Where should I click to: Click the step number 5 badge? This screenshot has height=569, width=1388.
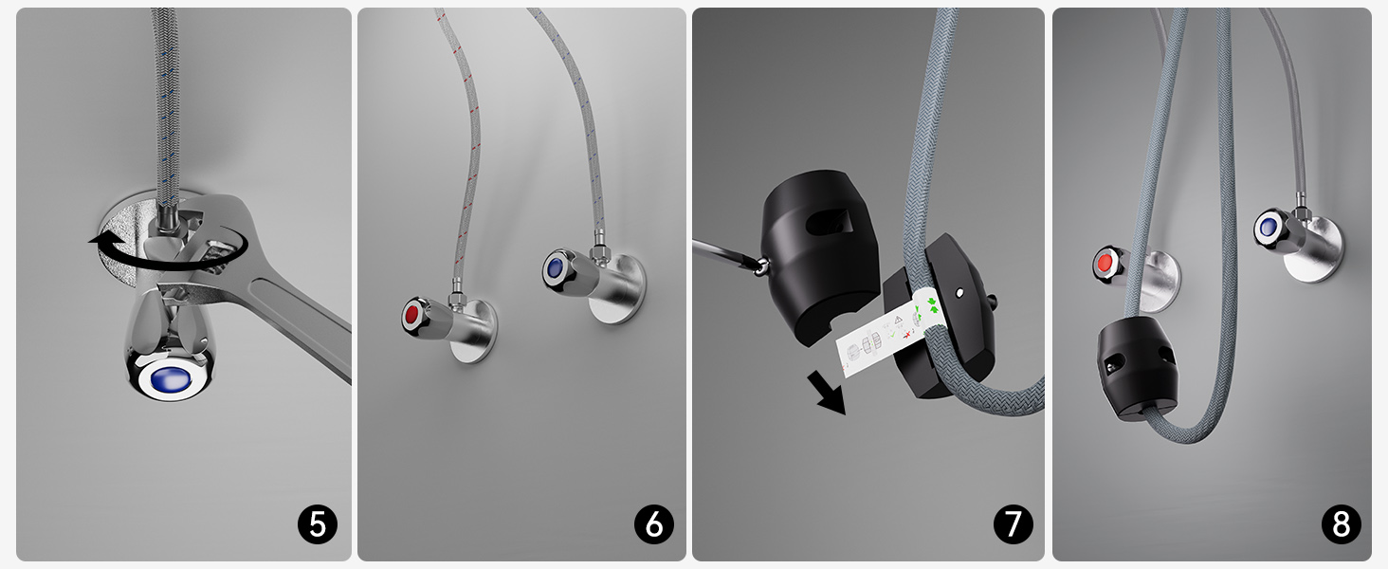(318, 524)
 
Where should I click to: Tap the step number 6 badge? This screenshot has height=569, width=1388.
(654, 524)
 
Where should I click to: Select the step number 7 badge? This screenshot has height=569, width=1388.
(1014, 524)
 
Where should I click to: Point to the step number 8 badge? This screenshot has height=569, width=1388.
(1341, 524)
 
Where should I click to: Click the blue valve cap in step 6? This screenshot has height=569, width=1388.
(555, 267)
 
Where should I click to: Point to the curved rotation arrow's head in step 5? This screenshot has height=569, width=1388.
(100, 240)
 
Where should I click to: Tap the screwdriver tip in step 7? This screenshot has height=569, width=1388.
(760, 266)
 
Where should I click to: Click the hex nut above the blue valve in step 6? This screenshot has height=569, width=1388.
(599, 250)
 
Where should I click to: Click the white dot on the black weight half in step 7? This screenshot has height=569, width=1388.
(959, 292)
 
